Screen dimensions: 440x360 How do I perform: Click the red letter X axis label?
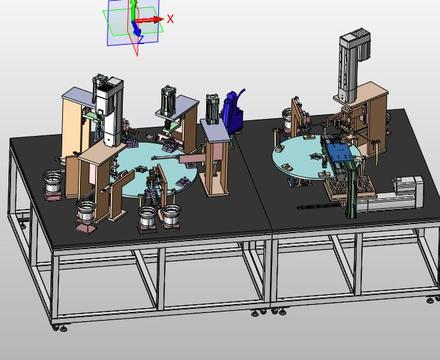[x=170, y=19]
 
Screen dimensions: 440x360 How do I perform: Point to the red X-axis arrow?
[x=150, y=20]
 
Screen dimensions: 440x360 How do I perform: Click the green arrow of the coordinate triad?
[x=133, y=11]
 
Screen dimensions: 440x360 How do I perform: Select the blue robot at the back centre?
[x=234, y=112]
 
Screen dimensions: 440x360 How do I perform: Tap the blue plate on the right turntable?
[x=339, y=152]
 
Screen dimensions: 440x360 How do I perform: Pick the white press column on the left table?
[x=109, y=110]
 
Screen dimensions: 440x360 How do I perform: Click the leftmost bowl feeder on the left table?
[x=53, y=182]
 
